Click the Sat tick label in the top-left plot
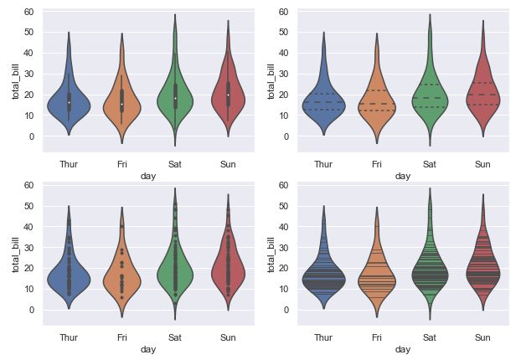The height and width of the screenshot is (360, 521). tap(175, 163)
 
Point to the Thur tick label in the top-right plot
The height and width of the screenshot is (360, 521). tap(323, 163)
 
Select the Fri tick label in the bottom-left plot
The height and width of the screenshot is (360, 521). tap(122, 337)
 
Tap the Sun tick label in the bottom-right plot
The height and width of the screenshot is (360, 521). tap(482, 337)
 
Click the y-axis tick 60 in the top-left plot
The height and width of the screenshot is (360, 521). tap(28, 12)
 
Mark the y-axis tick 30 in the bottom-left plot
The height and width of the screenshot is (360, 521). tap(28, 247)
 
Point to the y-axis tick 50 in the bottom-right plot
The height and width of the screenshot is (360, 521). tap(284, 206)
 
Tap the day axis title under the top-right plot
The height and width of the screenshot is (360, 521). tap(403, 176)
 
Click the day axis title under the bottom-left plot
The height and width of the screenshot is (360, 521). tap(148, 349)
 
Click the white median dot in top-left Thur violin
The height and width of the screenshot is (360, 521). tap(69, 102)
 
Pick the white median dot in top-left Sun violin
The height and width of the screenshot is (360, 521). tap(228, 95)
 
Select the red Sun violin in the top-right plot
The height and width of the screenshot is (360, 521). tap(482, 100)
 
